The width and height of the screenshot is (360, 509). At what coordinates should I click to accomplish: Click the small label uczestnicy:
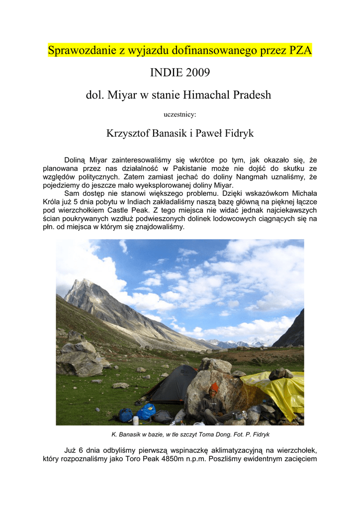pyautogui.click(x=180, y=114)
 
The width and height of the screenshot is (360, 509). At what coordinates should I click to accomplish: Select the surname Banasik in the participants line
pyautogui.click(x=171, y=133)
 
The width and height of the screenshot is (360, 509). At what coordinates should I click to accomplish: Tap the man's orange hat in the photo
pyautogui.click(x=214, y=387)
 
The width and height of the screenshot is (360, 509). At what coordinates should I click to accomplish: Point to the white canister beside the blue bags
pyautogui.click(x=135, y=420)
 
